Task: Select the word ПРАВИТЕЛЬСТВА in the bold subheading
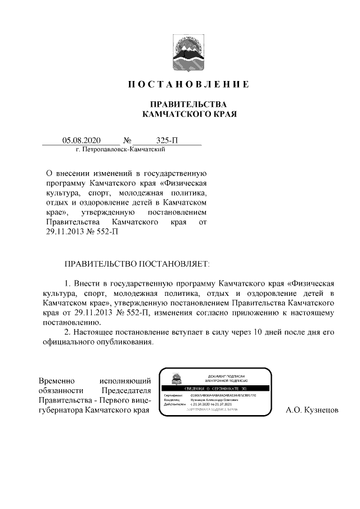click(x=187, y=105)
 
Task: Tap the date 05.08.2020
click(x=81, y=140)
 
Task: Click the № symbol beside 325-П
click(x=127, y=140)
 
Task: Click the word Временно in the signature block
click(x=57, y=381)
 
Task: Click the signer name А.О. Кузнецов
click(x=312, y=412)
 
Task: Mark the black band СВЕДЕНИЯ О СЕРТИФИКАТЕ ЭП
click(x=215, y=389)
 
